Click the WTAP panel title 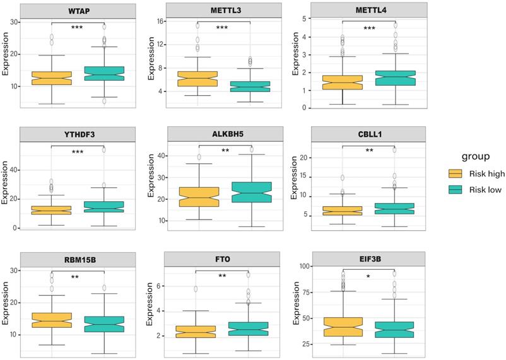pos(77,11)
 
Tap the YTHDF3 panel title pos(77,134)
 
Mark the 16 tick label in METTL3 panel pos(160,21)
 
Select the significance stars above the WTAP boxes pos(77,28)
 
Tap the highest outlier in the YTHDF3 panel pos(103,149)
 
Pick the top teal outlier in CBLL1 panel pos(394,149)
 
